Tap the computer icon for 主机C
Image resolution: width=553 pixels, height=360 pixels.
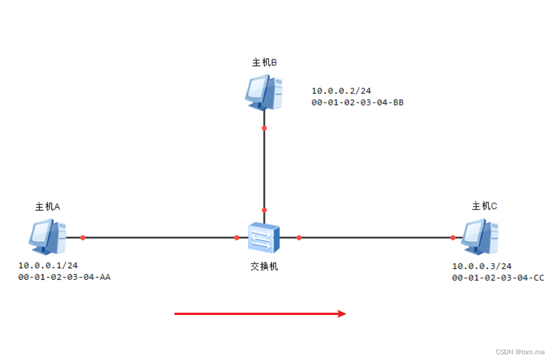coord(480,237)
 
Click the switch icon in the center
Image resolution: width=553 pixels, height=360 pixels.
coord(264,237)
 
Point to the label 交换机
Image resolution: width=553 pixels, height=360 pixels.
coord(264,267)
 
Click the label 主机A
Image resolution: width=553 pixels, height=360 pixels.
coord(48,206)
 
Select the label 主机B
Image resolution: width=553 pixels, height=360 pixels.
coord(264,62)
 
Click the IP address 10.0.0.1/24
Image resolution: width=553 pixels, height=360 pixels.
coord(48,265)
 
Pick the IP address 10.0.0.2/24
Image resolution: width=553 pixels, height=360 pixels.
coord(341,91)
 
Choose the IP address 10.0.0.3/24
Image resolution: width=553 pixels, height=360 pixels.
coord(481,266)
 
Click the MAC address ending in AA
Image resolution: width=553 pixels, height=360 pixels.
coord(65,277)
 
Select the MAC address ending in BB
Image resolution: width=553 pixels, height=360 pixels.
coord(357,103)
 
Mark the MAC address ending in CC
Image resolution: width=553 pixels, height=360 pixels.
coord(498,278)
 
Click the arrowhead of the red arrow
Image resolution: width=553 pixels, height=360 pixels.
coord(342,314)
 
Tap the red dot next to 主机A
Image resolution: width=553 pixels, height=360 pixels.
coord(82,237)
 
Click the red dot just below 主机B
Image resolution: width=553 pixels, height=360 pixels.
coord(264,127)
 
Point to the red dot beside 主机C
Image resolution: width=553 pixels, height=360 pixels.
coord(453,237)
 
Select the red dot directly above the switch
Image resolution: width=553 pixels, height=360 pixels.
coord(264,210)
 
